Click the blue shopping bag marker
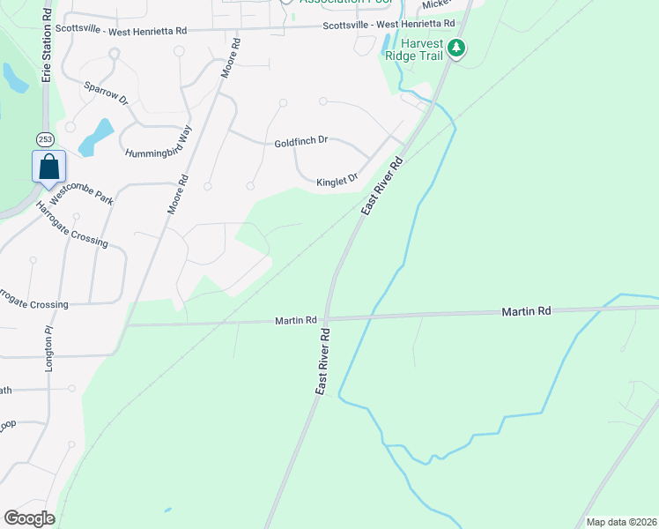(x=49, y=166)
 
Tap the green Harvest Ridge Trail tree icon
(x=456, y=48)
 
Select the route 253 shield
(x=46, y=139)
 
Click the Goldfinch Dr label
(x=300, y=140)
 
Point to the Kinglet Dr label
(x=337, y=180)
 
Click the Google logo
(x=29, y=518)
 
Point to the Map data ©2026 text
(x=620, y=522)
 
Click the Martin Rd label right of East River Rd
(x=526, y=311)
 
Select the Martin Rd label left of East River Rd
(x=294, y=321)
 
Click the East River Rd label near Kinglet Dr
(x=381, y=186)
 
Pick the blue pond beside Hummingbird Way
(x=96, y=137)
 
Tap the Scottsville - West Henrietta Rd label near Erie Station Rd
(x=121, y=30)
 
